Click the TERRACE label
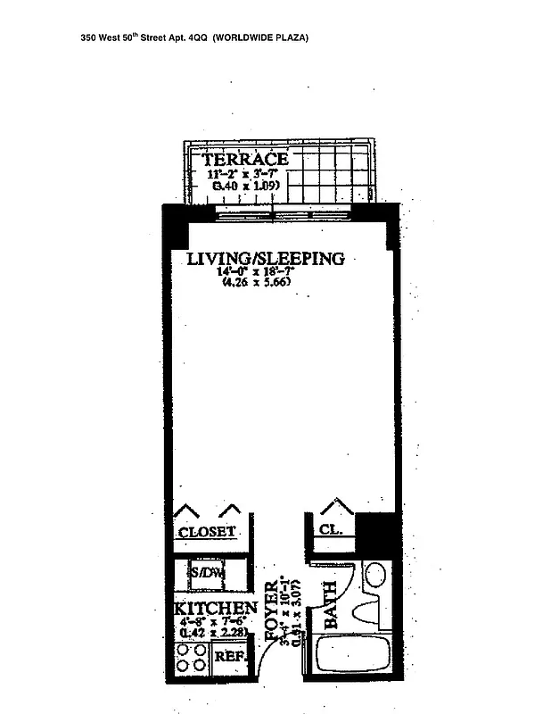[x=243, y=160]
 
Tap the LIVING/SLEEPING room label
[x=265, y=259]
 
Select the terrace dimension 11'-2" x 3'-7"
[x=244, y=175]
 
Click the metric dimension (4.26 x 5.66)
[x=257, y=283]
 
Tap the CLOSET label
[x=207, y=532]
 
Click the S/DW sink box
[x=207, y=572]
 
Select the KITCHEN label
[x=216, y=608]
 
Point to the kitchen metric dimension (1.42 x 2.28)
[x=212, y=632]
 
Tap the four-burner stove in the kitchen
[x=190, y=658]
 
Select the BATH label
[x=329, y=605]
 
